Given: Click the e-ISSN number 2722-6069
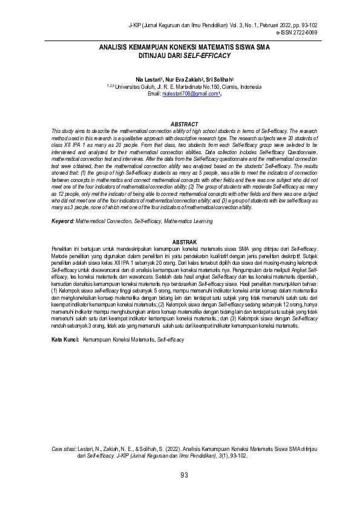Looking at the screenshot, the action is click(x=302, y=32).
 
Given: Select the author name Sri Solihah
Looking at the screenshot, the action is click(x=219, y=79).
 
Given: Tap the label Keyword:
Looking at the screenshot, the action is click(x=62, y=222).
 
